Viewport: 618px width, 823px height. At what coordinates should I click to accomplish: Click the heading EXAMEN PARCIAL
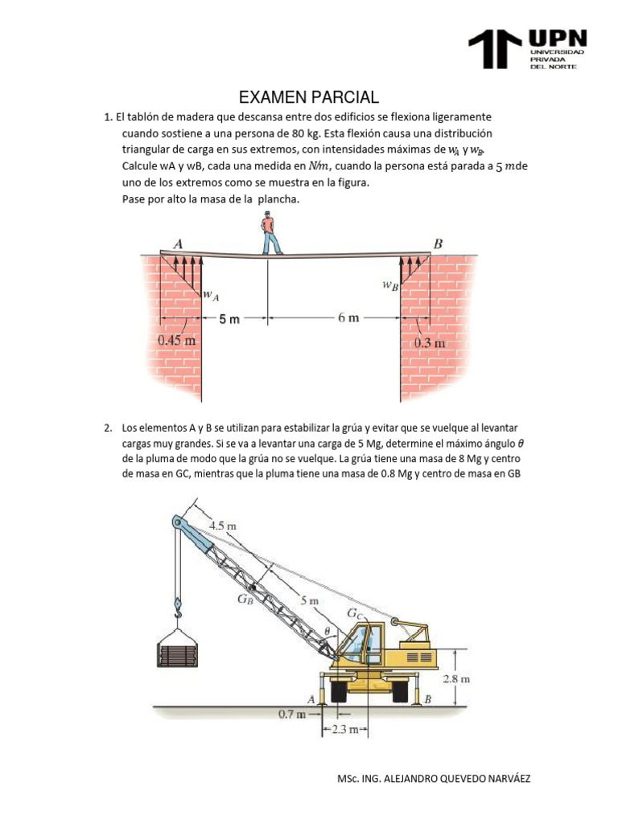(x=309, y=97)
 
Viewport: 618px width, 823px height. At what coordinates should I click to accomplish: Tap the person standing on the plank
(x=269, y=233)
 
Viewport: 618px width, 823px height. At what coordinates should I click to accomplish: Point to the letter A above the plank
(x=177, y=244)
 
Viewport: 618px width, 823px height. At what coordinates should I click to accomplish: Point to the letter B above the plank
(x=439, y=244)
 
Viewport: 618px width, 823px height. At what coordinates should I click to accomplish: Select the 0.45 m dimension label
(x=178, y=340)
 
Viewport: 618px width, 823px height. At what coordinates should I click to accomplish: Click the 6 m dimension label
(x=348, y=318)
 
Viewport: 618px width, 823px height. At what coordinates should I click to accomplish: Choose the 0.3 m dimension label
(x=430, y=343)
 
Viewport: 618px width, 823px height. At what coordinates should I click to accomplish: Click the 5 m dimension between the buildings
(x=229, y=319)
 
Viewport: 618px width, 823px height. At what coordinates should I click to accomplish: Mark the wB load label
(x=390, y=285)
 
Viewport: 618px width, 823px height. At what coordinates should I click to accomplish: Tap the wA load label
(x=210, y=296)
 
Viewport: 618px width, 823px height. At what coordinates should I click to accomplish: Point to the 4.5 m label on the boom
(x=222, y=526)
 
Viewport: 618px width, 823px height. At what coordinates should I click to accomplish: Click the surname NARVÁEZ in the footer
(x=501, y=779)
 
